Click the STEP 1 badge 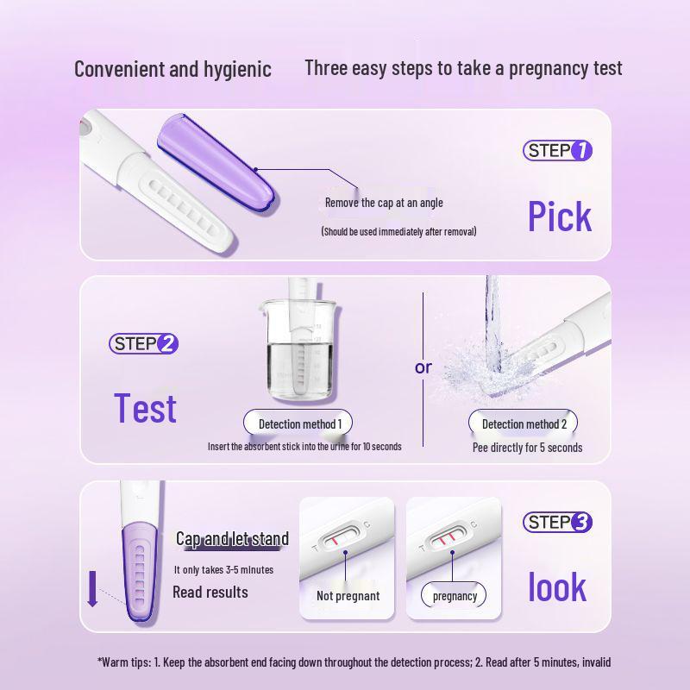(558, 151)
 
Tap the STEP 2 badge (144, 343)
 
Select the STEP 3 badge (558, 522)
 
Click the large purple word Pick (560, 216)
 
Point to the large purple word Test (146, 408)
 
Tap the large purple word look (557, 587)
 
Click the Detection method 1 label (300, 423)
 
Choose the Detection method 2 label (524, 423)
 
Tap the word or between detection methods (423, 367)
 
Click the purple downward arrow (92, 591)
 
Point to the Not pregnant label (348, 596)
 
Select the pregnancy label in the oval (455, 596)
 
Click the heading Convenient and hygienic (172, 70)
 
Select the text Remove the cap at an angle (384, 203)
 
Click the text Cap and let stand (232, 539)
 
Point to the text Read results (210, 592)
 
